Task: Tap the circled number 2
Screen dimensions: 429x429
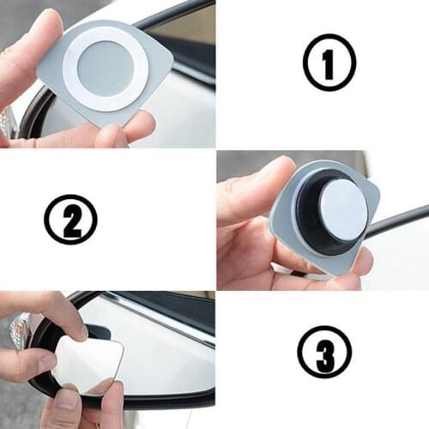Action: [x=70, y=220]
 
